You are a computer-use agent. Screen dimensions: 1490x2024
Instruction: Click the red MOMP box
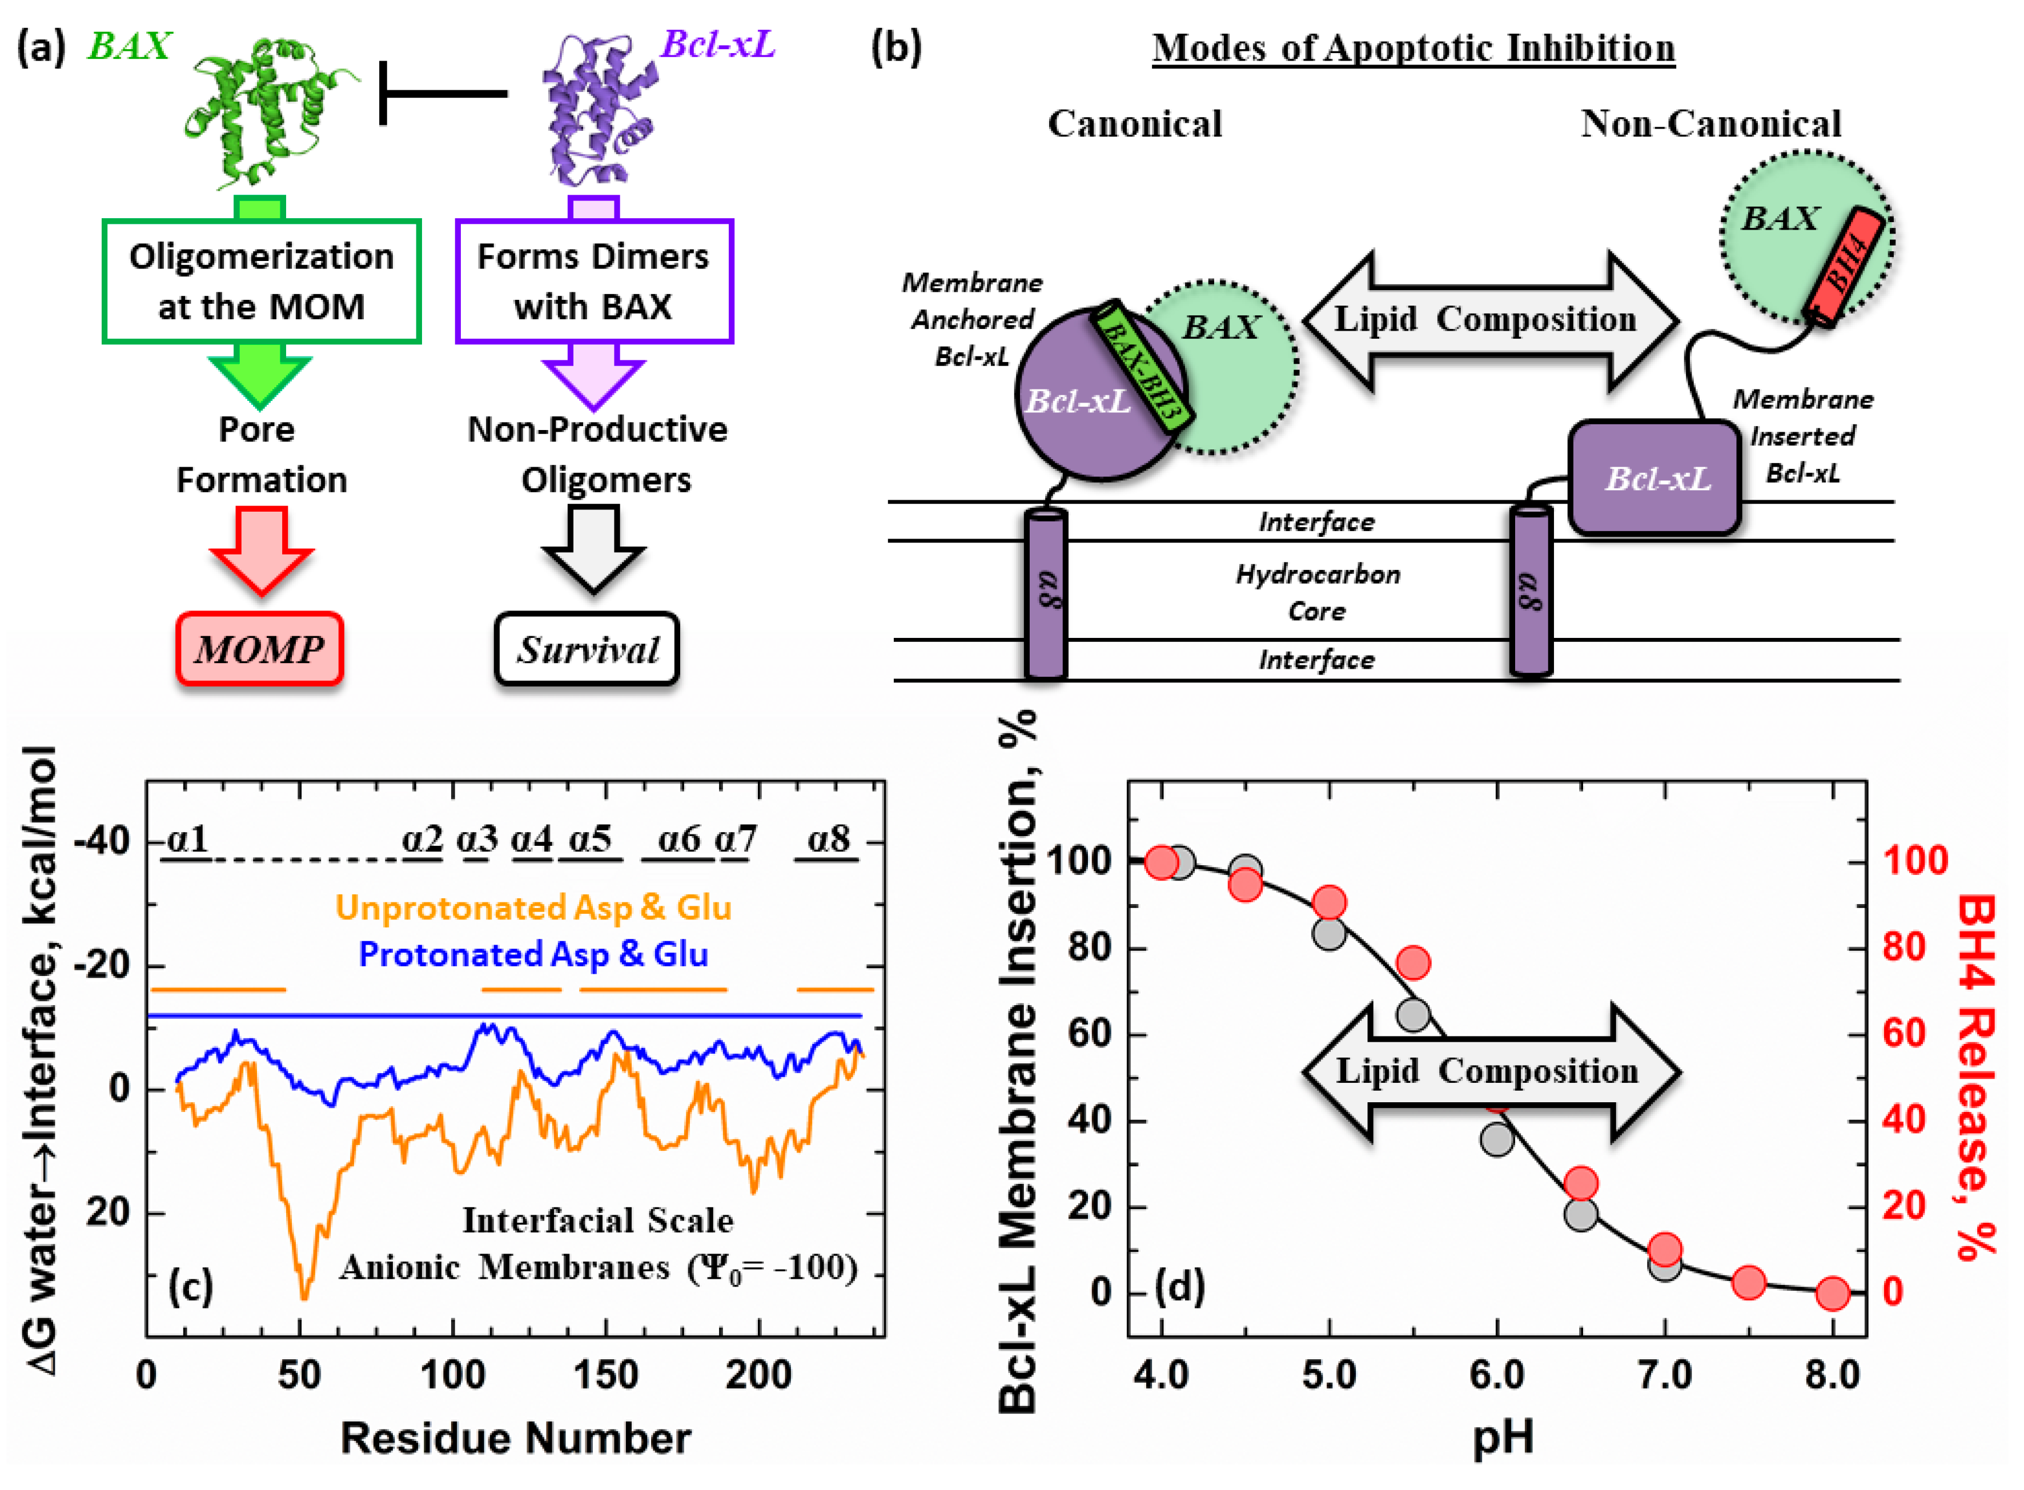click(260, 649)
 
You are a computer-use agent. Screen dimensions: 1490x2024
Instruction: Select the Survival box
click(587, 649)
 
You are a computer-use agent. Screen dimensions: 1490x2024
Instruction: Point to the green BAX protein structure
click(266, 109)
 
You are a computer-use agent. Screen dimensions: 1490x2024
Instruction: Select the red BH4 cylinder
click(1845, 266)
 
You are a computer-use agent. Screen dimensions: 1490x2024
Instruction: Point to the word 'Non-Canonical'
click(1710, 123)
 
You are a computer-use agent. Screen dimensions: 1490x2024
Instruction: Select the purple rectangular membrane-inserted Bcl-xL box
click(1654, 478)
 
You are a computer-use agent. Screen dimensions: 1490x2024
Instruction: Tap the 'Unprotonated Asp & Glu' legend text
click(533, 907)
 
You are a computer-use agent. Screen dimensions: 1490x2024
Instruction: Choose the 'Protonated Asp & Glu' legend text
click(533, 954)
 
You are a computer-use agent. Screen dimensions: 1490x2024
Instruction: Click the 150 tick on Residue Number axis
click(605, 1375)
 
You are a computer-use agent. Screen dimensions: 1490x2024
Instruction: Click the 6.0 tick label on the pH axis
click(1496, 1375)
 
